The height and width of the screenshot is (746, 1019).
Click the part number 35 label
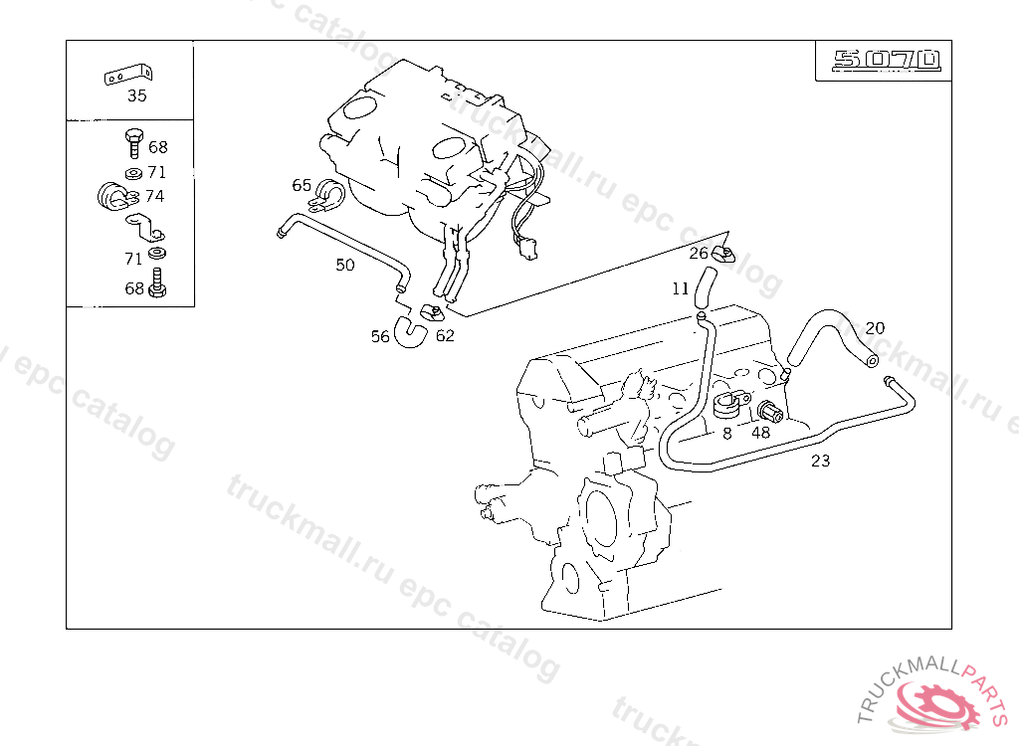(137, 96)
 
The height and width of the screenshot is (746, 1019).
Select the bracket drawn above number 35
(128, 75)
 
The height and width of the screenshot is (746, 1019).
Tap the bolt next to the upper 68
(133, 143)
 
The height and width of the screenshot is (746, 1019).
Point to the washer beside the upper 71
(134, 173)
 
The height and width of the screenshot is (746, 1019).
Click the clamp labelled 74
(115, 196)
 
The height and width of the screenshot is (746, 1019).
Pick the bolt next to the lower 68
(156, 283)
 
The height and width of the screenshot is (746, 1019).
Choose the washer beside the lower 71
(156, 252)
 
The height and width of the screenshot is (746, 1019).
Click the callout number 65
(302, 185)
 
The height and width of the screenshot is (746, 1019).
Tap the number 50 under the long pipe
(345, 266)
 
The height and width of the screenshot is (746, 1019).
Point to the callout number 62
(445, 336)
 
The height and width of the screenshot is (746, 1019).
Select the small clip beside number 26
(723, 255)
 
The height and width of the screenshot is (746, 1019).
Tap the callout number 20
(875, 328)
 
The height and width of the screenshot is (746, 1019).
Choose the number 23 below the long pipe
(820, 461)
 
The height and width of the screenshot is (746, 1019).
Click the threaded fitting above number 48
(769, 411)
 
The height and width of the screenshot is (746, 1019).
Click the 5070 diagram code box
(884, 61)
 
